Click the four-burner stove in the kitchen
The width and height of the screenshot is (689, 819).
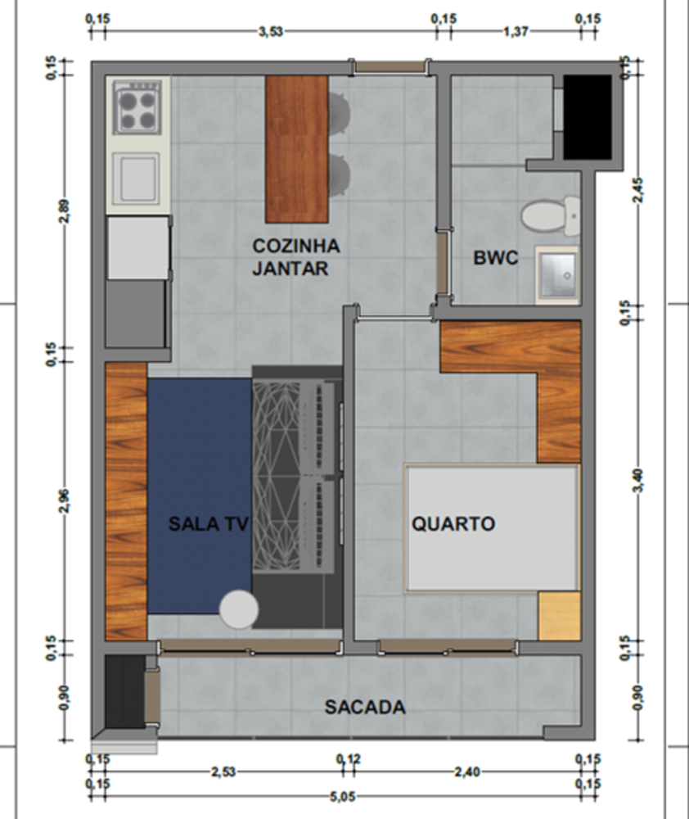click(x=137, y=107)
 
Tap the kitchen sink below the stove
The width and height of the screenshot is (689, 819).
click(x=137, y=179)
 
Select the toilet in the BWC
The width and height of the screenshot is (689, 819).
click(x=550, y=215)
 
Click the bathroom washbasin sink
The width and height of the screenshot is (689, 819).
click(x=557, y=274)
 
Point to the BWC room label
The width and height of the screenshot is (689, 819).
click(x=495, y=258)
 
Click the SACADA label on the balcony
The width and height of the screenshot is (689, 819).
click(x=365, y=708)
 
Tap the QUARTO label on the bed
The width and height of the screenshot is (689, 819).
click(x=453, y=524)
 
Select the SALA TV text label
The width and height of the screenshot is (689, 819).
click(x=209, y=524)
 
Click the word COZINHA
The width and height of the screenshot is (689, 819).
click(x=296, y=246)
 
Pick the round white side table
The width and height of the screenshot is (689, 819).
click(x=239, y=609)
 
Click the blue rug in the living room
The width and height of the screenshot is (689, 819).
click(x=200, y=495)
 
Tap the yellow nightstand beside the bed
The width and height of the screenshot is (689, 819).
click(x=560, y=617)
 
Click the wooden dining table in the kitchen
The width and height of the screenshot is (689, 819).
click(x=297, y=149)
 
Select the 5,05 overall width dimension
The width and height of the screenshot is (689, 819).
click(x=343, y=797)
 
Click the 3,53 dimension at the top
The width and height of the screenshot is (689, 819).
click(x=270, y=31)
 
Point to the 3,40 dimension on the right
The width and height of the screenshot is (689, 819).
click(x=637, y=480)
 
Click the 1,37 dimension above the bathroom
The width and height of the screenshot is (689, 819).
click(x=516, y=31)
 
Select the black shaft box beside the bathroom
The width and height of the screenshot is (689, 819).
click(x=588, y=117)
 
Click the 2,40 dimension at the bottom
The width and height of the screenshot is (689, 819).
click(x=467, y=771)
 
